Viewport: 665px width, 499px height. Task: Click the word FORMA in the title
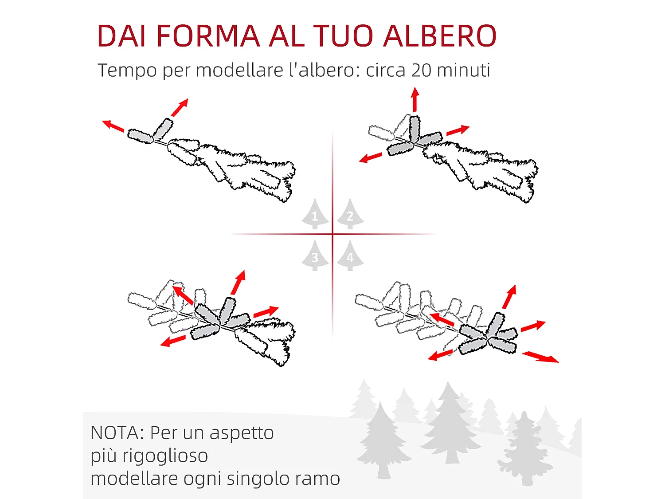click(208, 36)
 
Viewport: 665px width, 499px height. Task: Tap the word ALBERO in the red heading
click(439, 36)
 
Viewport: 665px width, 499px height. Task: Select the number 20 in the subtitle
click(421, 70)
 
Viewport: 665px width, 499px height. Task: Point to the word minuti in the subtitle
click(463, 70)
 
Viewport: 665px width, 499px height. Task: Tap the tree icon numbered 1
click(315, 214)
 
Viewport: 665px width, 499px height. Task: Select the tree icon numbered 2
click(350, 214)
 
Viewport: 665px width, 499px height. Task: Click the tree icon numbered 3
click(315, 255)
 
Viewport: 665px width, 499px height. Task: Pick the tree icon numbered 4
click(350, 255)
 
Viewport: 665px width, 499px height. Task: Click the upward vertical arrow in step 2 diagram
click(415, 99)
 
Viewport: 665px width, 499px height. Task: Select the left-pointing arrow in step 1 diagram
click(113, 126)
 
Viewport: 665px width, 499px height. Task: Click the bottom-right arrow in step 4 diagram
click(540, 357)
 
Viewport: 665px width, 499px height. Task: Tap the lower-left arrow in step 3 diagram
click(173, 341)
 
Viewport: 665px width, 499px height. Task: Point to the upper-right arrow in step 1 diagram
click(180, 108)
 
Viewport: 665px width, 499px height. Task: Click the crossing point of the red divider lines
click(332, 234)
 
